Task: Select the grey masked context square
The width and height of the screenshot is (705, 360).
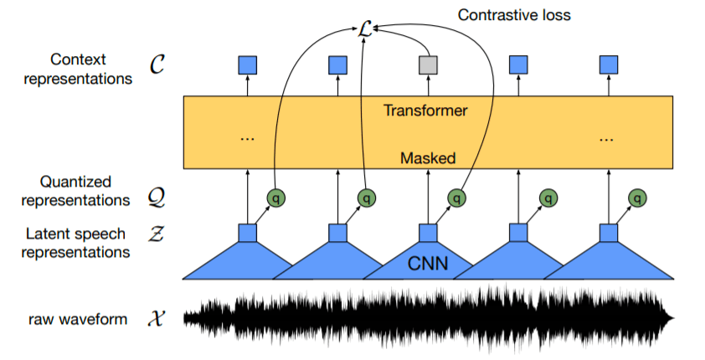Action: coord(428,64)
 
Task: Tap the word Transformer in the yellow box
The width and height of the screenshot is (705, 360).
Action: coord(425,110)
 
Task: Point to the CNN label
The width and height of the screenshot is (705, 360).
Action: coord(429,265)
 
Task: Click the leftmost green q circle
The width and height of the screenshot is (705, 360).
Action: coord(275,198)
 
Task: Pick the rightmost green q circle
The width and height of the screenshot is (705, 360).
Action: coord(638,198)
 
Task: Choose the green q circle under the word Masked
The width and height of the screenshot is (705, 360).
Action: coord(456,198)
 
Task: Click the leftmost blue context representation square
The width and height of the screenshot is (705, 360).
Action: coord(247,64)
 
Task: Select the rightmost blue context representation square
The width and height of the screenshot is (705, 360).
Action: coord(609,64)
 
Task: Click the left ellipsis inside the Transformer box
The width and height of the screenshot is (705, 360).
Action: coord(247,136)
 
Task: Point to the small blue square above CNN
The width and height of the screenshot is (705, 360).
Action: coord(428,233)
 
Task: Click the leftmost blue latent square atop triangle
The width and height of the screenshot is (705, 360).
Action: coord(247,233)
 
